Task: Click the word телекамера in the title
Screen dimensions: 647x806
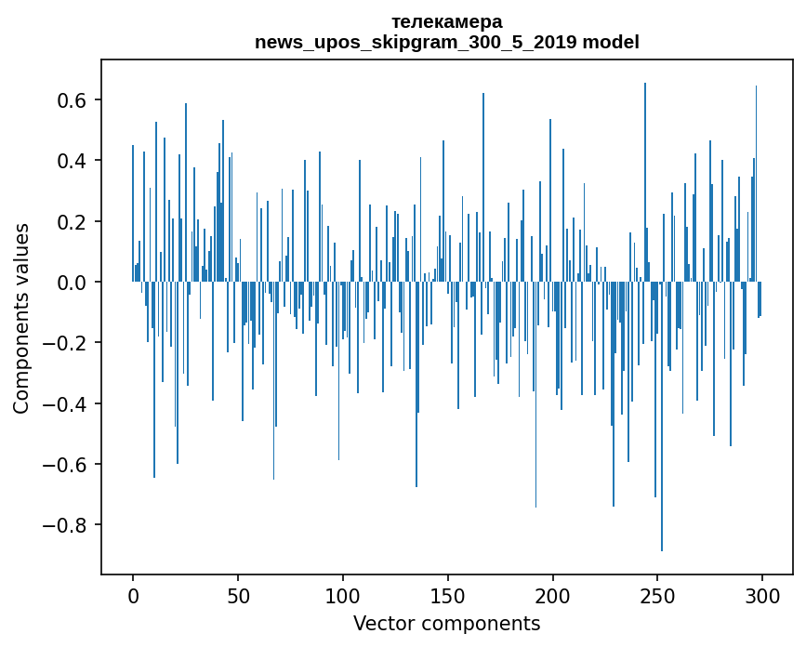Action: [446, 21]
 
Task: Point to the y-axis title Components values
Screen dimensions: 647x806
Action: [21, 318]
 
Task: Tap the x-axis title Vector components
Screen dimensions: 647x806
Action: [446, 623]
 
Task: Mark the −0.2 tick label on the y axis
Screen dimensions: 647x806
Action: [66, 343]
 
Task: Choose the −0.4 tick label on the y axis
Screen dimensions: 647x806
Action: [66, 403]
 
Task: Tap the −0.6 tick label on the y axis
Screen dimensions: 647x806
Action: [66, 464]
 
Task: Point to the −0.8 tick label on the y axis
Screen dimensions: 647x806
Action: [66, 525]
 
